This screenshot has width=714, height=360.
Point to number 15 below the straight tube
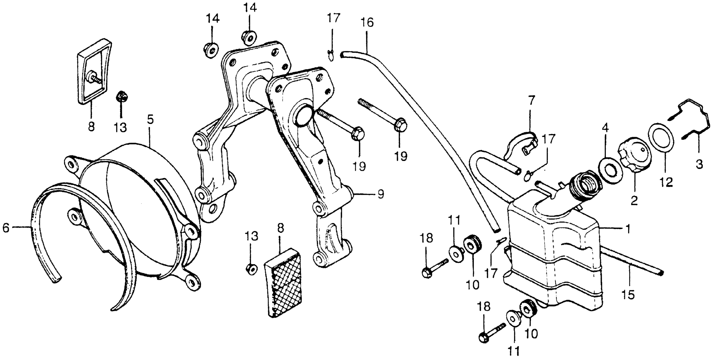[628, 296]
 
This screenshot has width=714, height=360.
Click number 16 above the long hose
[367, 23]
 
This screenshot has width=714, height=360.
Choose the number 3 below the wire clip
[699, 165]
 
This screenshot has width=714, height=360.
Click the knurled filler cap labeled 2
[635, 158]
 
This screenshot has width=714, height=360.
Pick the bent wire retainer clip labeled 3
[690, 122]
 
